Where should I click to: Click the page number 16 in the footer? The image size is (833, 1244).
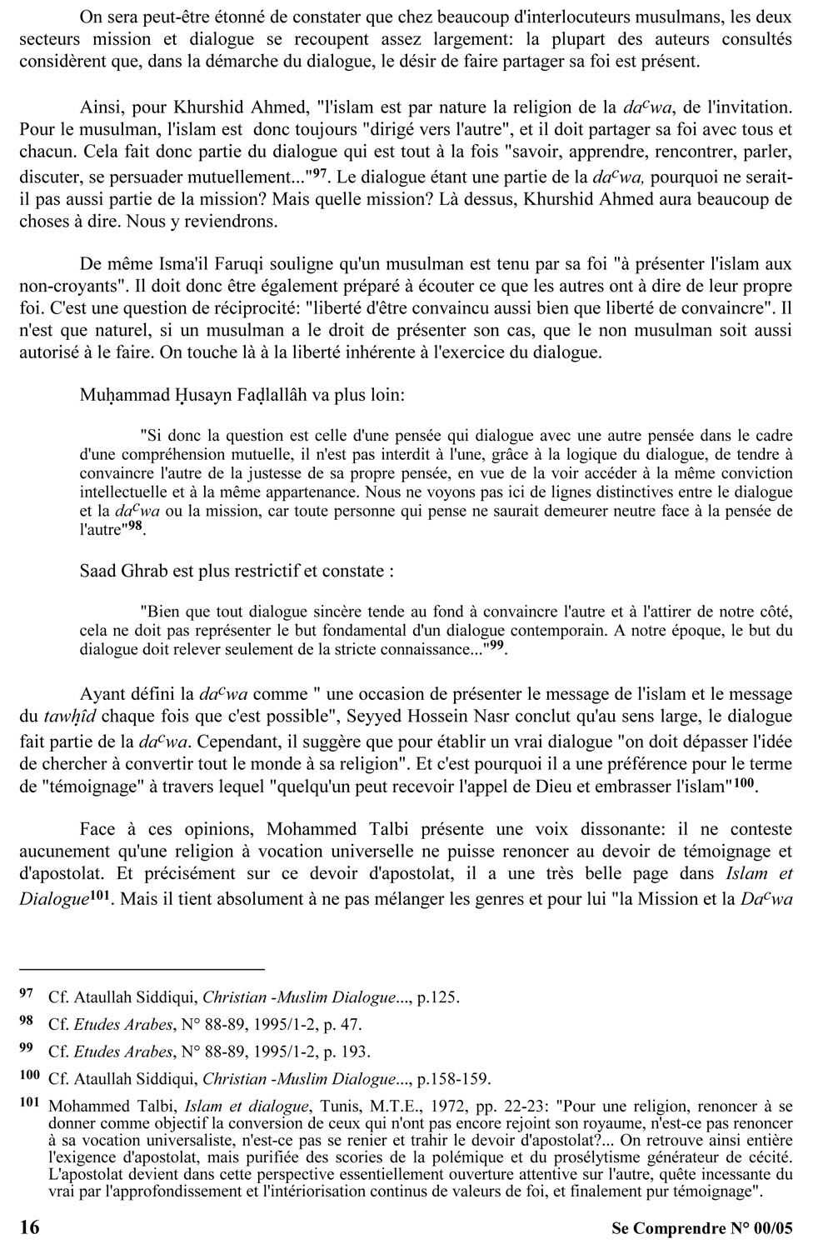click(28, 1227)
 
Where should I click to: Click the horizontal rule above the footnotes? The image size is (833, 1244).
click(141, 970)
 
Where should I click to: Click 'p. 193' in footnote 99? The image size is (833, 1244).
click(350, 1052)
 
